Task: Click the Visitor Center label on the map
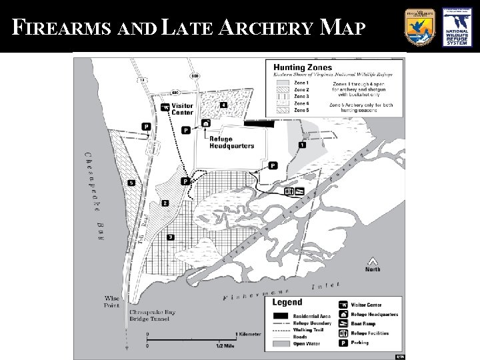(182, 109)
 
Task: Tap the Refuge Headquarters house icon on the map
(206, 123)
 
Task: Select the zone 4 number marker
(224, 105)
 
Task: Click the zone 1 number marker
(302, 145)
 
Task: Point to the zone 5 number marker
(132, 183)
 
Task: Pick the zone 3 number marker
(171, 237)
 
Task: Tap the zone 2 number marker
(165, 203)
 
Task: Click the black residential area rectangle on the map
(259, 123)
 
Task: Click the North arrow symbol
(373, 261)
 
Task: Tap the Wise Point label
(112, 302)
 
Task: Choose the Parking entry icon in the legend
(344, 343)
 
